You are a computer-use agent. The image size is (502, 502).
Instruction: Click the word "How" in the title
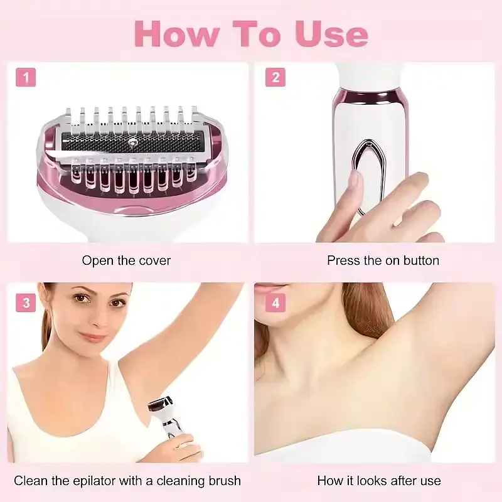tap(177, 34)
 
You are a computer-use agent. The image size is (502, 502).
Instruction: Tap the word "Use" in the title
tap(331, 34)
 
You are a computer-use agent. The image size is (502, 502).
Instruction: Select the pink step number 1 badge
tap(26, 77)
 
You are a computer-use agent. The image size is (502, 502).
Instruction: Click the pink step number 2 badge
tap(275, 77)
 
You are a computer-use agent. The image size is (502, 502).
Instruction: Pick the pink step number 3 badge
tap(26, 302)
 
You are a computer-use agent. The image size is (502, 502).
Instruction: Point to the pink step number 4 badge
tap(275, 302)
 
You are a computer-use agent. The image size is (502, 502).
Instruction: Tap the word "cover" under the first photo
tap(154, 260)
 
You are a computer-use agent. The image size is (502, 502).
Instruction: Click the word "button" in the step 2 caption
tap(421, 260)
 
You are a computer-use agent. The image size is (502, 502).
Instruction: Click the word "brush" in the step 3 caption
tap(223, 481)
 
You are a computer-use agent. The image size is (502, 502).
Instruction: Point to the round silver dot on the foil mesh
tap(132, 141)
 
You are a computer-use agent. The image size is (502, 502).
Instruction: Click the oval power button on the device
tap(369, 177)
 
